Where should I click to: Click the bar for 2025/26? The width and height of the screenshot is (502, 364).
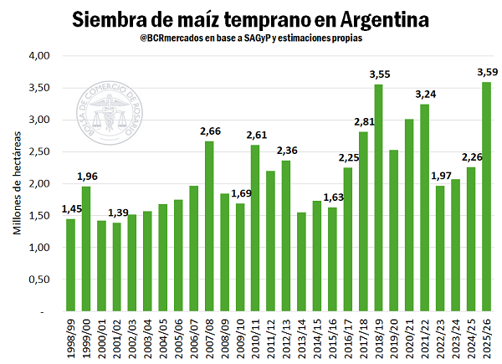pyautogui.click(x=486, y=197)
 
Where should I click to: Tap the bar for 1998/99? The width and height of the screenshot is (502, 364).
pyautogui.click(x=71, y=264)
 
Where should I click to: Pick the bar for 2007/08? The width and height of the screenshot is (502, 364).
pyautogui.click(x=209, y=226)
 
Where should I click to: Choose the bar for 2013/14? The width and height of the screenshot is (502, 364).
pyautogui.click(x=302, y=261)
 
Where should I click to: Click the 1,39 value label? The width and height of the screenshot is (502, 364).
pyautogui.click(x=116, y=213)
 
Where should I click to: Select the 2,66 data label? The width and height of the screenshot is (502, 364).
pyautogui.click(x=209, y=131)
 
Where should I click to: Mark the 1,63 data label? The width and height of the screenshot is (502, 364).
pyautogui.click(x=332, y=197)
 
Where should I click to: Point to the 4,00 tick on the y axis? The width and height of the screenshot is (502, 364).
pyautogui.click(x=40, y=56)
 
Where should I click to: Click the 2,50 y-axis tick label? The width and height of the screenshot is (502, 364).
pyautogui.click(x=40, y=151)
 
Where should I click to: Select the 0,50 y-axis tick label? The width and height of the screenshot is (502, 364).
pyautogui.click(x=40, y=279)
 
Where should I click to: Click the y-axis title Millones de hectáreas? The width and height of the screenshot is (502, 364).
pyautogui.click(x=17, y=184)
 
